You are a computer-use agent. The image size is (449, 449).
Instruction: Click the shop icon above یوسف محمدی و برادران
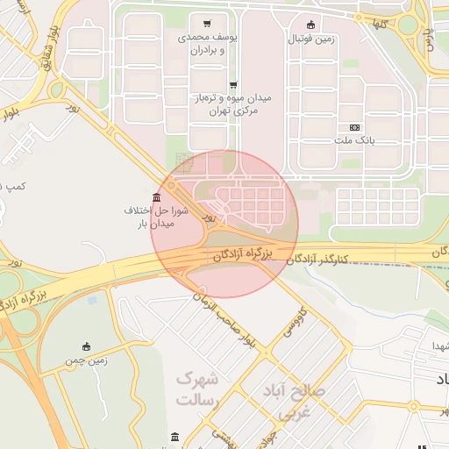(206, 24)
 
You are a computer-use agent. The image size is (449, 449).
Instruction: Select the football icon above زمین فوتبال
(310, 25)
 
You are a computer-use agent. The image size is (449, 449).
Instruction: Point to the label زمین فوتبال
(310, 39)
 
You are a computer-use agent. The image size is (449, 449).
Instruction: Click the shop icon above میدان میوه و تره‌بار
(233, 85)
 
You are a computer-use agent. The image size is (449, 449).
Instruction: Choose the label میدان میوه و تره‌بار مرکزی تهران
(232, 105)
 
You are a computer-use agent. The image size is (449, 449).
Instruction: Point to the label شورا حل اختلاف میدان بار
(151, 217)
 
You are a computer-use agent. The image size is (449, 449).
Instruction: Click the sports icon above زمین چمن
(86, 346)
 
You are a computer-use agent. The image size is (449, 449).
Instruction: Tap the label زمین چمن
(86, 360)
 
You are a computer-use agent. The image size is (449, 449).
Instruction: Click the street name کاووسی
(292, 324)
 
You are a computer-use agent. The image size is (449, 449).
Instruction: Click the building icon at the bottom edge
(175, 437)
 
